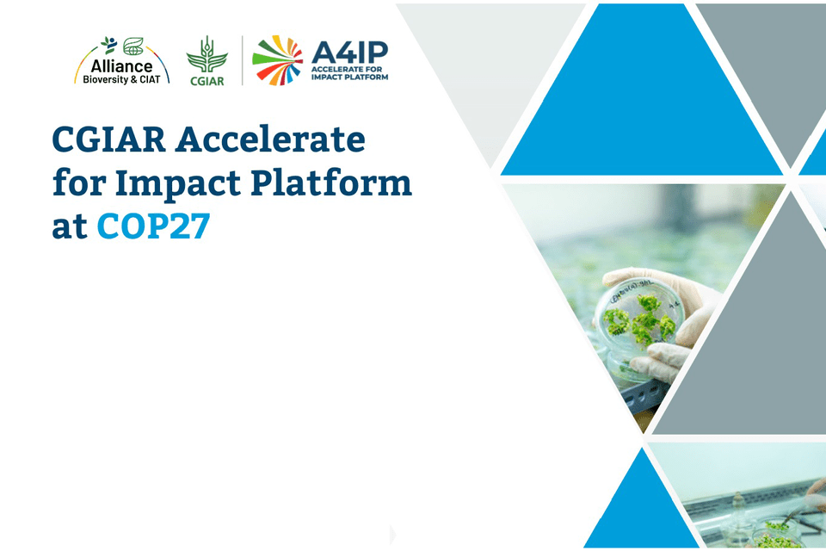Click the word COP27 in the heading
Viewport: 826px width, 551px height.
click(x=153, y=226)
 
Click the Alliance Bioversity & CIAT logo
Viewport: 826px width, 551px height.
click(x=121, y=61)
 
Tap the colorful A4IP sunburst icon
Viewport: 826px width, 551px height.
click(x=277, y=61)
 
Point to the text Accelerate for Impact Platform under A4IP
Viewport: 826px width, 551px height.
click(x=350, y=74)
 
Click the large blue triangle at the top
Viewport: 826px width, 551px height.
click(x=641, y=108)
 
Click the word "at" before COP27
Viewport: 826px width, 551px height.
click(x=69, y=227)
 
